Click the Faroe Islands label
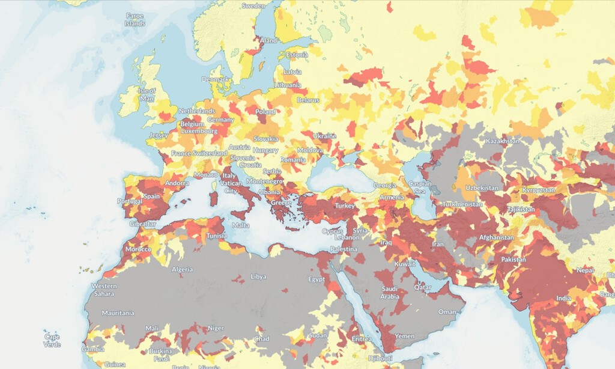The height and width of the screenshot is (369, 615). [135, 19]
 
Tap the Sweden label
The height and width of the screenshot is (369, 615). [253, 5]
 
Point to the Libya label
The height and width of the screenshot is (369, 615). [258, 276]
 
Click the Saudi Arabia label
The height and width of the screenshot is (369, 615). [390, 293]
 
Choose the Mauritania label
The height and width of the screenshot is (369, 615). [118, 313]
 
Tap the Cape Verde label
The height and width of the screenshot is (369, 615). [52, 341]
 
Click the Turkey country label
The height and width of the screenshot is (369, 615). [345, 206]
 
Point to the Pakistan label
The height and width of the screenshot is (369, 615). [510, 260]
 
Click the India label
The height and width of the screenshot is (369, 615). [563, 298]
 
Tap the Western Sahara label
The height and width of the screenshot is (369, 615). [104, 290]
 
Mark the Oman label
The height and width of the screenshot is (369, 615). [447, 311]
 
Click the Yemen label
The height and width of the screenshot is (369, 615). [405, 336]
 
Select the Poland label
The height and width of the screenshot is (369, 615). [265, 112]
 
